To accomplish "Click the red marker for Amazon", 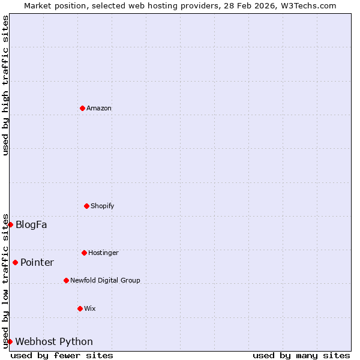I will tap(82, 108).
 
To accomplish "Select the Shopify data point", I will tap(86, 206).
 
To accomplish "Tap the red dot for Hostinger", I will tap(84, 253).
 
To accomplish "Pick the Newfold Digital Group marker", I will tap(66, 280).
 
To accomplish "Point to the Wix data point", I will tap(80, 308).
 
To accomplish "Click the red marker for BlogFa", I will tap(10, 224).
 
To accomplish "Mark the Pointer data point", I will tap(15, 262).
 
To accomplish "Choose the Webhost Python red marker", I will tap(10, 341).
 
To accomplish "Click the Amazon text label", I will tap(99, 109).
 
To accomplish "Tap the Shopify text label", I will tap(103, 206).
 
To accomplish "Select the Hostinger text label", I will tap(103, 253).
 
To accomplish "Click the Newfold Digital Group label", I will tap(105, 281).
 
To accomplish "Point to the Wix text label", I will tap(90, 309).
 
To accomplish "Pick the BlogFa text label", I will tap(31, 225).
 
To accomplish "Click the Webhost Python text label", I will tap(54, 342).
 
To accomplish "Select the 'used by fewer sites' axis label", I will tap(62, 355).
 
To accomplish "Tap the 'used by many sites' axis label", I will tap(301, 355).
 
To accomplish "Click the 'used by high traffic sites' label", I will tap(5, 85).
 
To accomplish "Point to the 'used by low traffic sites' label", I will tap(5, 281).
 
